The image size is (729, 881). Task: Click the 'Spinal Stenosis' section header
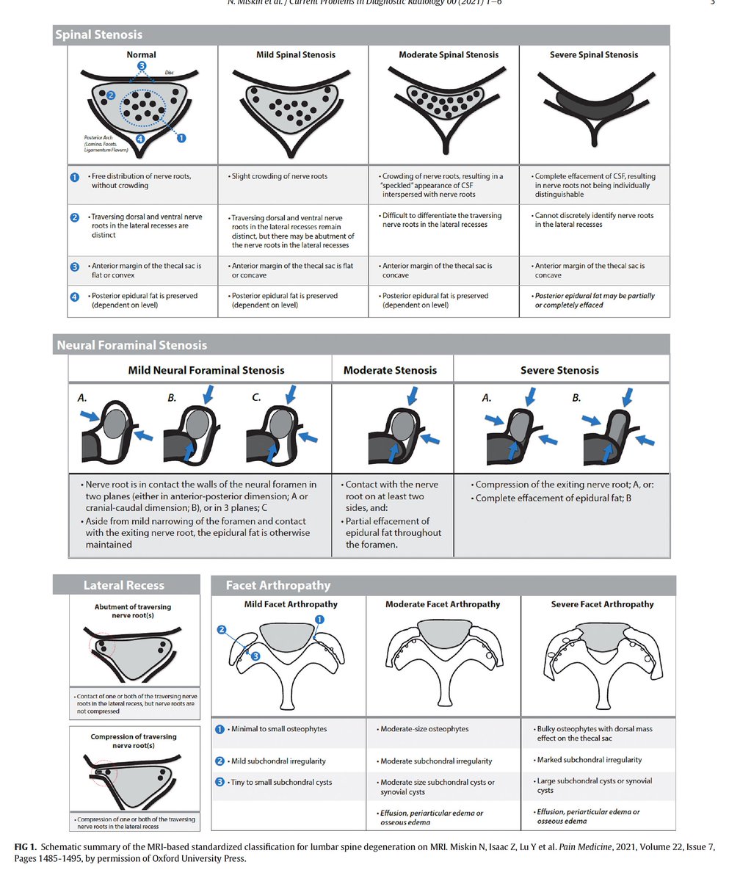pos(98,35)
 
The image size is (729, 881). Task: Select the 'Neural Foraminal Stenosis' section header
pos(132,345)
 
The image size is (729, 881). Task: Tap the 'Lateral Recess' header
pos(123,585)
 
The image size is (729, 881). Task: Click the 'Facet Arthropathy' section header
pos(278,585)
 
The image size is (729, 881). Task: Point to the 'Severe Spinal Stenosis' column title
pos(594,55)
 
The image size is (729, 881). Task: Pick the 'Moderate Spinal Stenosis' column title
pos(449,55)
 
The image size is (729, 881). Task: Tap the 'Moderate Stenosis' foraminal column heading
pos(390,370)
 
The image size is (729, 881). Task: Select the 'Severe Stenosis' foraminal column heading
pos(559,370)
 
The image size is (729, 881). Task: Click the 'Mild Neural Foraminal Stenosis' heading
pos(206,370)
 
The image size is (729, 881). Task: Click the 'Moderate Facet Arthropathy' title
pos(443,604)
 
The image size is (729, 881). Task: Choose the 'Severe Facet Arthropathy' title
pos(602,604)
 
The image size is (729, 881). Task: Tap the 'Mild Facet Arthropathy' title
pos(291,604)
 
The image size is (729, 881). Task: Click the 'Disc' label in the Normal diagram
pos(169,72)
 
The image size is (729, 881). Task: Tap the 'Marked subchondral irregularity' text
pos(589,760)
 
